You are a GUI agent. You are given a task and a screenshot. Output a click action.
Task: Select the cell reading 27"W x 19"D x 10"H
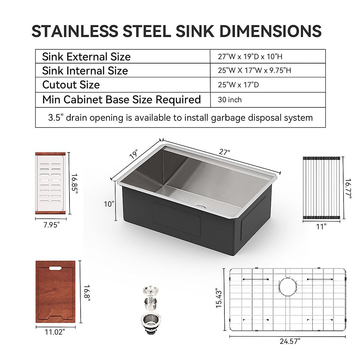(250, 57)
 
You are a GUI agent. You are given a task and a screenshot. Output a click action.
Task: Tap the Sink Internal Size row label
(85, 71)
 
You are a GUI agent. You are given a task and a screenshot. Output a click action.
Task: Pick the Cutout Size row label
(71, 85)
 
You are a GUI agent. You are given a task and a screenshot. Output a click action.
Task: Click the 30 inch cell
(230, 100)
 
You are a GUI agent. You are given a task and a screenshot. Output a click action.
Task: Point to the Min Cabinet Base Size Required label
(122, 100)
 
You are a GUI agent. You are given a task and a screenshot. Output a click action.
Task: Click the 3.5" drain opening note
(180, 117)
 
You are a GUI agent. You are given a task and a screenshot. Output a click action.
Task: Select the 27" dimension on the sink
(224, 152)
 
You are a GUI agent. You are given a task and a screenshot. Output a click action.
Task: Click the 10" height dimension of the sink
(109, 204)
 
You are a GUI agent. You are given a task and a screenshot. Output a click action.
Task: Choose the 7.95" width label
(50, 224)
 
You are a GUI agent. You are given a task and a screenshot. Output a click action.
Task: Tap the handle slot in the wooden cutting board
(55, 267)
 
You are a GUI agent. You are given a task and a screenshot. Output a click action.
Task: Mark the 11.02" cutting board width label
(55, 332)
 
